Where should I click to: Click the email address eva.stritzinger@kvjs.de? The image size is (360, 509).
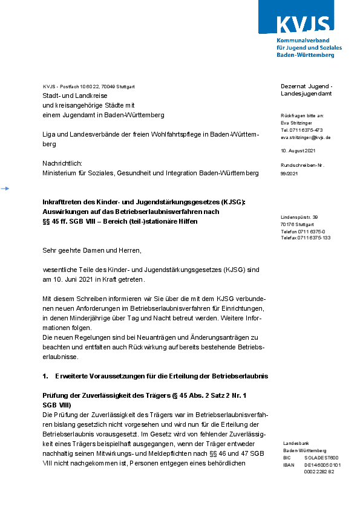pyautogui.click(x=306, y=138)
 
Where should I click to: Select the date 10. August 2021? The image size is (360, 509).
pyautogui.click(x=299, y=150)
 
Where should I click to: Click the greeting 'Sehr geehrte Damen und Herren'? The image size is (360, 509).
pyautogui.click(x=91, y=250)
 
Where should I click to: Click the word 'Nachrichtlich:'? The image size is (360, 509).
pyautogui.click(x=62, y=163)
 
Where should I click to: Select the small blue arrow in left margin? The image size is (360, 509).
pyautogui.click(x=5, y=189)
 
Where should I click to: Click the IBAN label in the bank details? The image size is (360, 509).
pyautogui.click(x=289, y=465)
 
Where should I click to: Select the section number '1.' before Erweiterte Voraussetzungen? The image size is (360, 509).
pyautogui.click(x=45, y=376)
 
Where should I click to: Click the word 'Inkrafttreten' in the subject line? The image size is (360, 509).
pyautogui.click(x=62, y=202)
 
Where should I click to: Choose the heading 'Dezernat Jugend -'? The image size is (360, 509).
pyautogui.click(x=306, y=86)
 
